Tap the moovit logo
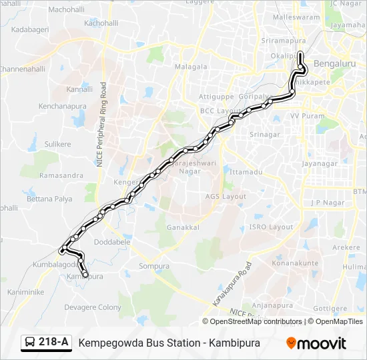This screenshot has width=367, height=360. [x=316, y=343]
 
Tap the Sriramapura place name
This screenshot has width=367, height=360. [x=284, y=41]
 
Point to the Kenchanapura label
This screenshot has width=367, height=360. [x=59, y=106]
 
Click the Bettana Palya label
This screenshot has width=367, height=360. [x=49, y=199]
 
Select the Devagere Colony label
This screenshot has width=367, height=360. [x=93, y=307]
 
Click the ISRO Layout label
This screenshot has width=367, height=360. [x=271, y=227]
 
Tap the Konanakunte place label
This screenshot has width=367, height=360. [x=296, y=263]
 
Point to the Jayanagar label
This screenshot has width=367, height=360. [x=320, y=163]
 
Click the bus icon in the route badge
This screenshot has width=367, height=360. [x=31, y=343]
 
